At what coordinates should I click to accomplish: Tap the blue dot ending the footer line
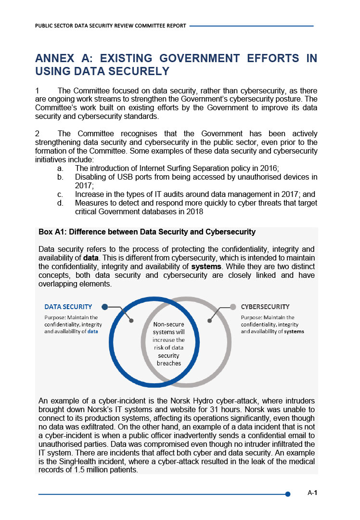click(288, 494)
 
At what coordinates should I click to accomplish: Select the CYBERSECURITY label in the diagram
click(265, 307)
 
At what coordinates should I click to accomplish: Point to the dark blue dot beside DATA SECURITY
click(104, 306)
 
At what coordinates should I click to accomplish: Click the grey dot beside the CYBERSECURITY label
click(233, 306)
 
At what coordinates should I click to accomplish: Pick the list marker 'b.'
click(60, 177)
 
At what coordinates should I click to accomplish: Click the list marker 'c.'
click(60, 195)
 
